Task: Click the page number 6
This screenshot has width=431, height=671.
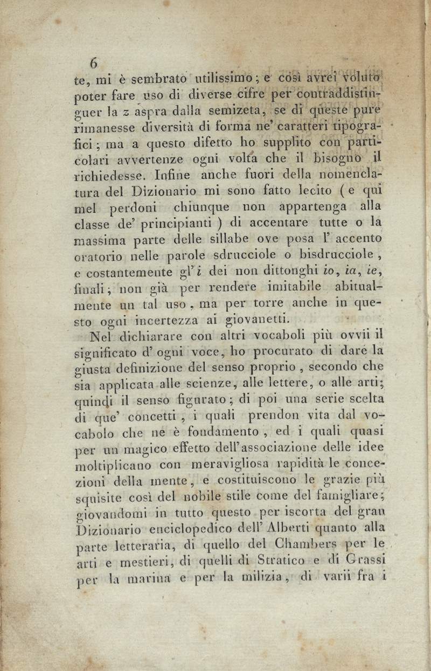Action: [x=94, y=64]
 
